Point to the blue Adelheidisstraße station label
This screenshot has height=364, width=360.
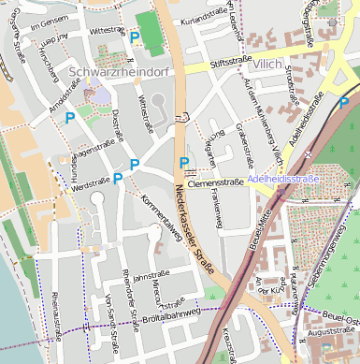pos(284,178)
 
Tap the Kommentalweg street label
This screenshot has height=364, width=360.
pos(160,211)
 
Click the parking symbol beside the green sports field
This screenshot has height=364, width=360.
pos(135,36)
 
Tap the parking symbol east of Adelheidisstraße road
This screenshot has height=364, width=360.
pos(344,102)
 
